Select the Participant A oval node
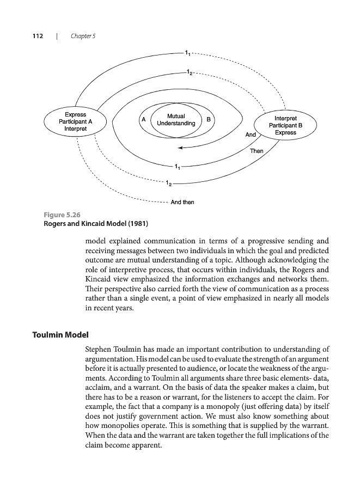(x=75, y=122)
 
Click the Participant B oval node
(x=285, y=125)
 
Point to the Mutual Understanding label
(x=176, y=120)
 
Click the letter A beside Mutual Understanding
(x=143, y=119)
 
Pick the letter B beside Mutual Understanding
(x=209, y=119)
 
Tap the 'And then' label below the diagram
(x=182, y=203)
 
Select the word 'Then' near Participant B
(x=257, y=151)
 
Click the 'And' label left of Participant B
(x=251, y=134)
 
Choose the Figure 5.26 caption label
(x=62, y=215)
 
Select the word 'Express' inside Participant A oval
(x=75, y=115)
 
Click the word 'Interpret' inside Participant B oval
(x=285, y=118)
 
